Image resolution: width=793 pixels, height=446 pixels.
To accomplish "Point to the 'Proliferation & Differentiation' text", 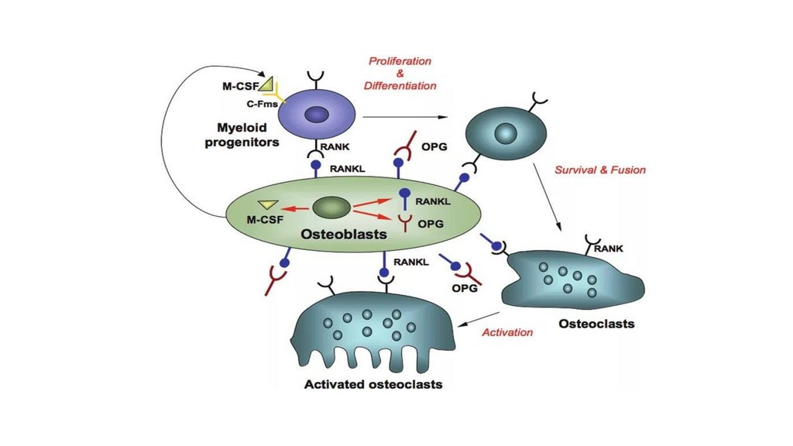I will pyautogui.click(x=400, y=74).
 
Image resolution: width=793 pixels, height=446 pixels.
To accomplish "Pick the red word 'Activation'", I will pyautogui.click(x=507, y=332).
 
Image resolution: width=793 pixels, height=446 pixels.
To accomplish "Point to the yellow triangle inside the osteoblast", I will pyautogui.click(x=268, y=204).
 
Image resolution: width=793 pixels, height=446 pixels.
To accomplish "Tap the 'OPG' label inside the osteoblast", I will pyautogui.click(x=428, y=225).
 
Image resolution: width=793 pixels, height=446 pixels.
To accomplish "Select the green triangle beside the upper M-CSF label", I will pyautogui.click(x=266, y=82).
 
